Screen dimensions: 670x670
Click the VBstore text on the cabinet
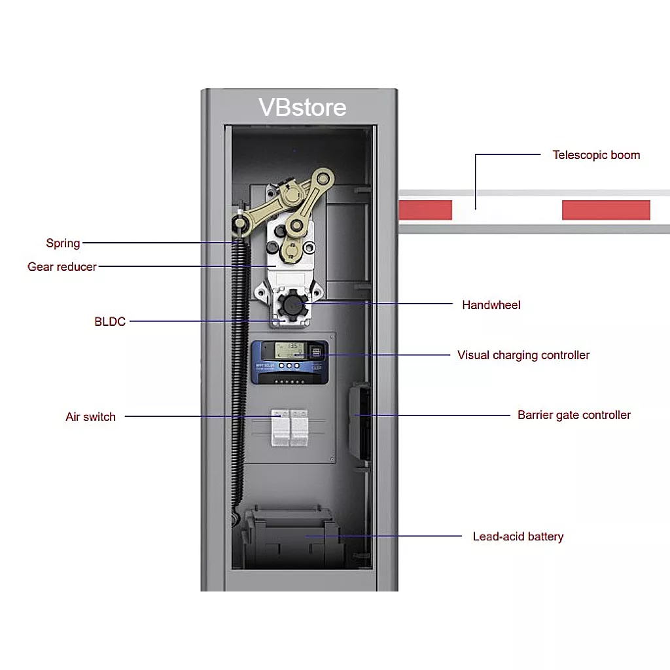pos(302,107)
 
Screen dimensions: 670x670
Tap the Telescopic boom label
pos(596,155)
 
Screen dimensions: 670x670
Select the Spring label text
pos(63,243)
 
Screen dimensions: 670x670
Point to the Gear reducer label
pos(62,266)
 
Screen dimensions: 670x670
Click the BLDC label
pos(110,321)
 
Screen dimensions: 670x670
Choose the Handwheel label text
pos(491,305)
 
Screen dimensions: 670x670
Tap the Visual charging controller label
pos(523,355)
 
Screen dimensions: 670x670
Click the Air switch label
pos(90,417)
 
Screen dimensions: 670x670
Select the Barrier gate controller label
pos(574,415)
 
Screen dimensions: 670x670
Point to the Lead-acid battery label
pos(518,537)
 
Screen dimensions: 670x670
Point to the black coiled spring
pos(238,379)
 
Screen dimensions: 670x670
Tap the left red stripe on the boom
pos(425,209)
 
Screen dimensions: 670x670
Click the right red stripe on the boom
pos(606,209)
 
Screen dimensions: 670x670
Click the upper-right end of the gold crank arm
pos(323,177)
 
